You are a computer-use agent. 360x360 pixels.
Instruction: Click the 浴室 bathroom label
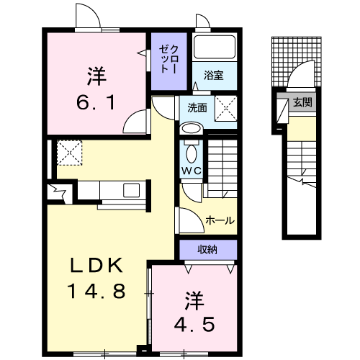[214, 76]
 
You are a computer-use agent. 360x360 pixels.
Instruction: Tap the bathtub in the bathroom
[215, 47]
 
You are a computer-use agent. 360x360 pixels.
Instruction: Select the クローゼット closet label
[169, 59]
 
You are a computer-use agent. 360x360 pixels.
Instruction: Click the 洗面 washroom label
[197, 108]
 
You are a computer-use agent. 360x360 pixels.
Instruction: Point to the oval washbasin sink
[192, 128]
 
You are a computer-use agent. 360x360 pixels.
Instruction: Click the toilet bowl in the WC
[192, 153]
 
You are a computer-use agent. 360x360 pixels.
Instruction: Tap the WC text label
[192, 171]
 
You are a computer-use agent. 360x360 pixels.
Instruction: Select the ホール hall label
[220, 220]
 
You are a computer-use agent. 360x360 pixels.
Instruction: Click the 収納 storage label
[207, 250]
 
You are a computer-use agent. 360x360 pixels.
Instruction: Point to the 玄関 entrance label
[302, 103]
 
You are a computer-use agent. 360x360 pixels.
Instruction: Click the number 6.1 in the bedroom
[96, 102]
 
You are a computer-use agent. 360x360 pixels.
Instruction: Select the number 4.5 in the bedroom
[194, 324]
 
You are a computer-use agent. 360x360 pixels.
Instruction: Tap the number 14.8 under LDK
[96, 291]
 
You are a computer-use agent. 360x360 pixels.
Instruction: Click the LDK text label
[96, 266]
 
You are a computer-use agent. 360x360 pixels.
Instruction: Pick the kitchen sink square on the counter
[131, 190]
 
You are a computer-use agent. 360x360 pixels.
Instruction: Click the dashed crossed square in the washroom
[225, 108]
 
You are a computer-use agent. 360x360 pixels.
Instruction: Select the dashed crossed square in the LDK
[70, 153]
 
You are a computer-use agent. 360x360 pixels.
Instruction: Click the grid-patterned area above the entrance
[297, 61]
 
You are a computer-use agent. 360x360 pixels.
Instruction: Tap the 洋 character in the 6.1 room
[96, 76]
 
